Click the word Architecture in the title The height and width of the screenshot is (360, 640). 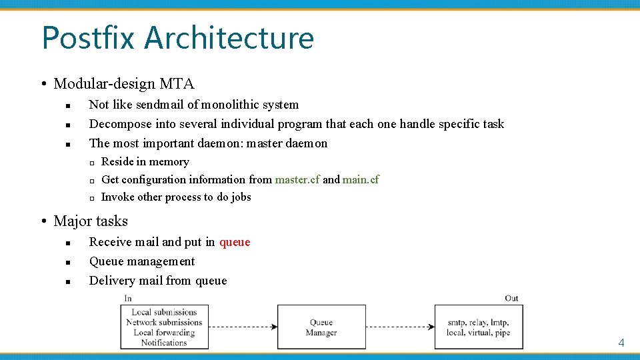point(229,37)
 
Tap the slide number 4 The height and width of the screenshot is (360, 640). point(621,343)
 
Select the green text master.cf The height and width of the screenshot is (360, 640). point(297,179)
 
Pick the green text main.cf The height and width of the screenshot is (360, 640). point(361,179)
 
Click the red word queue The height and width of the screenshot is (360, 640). point(235,242)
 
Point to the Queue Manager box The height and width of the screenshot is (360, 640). point(321,327)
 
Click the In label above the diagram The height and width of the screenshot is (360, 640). point(128,298)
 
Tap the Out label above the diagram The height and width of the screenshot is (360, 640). point(511,298)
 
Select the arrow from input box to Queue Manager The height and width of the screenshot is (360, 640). point(243,327)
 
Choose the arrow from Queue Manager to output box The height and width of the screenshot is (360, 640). point(400,327)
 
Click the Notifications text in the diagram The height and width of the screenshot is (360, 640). point(164,343)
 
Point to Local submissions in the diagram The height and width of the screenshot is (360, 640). point(164,312)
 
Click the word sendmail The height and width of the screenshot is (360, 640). point(161,105)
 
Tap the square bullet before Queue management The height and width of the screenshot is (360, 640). point(69,262)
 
